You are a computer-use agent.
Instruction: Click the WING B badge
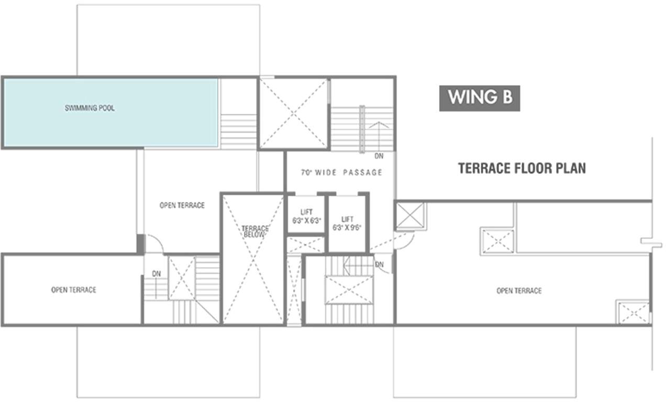pyautogui.click(x=480, y=98)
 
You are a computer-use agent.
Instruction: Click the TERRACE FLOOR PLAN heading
pyautogui.click(x=522, y=169)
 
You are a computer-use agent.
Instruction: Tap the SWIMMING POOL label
pyautogui.click(x=90, y=108)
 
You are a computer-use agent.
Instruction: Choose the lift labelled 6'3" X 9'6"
pyautogui.click(x=347, y=224)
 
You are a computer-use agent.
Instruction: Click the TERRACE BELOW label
pyautogui.click(x=255, y=231)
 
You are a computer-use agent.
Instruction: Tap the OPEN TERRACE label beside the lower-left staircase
pyautogui.click(x=73, y=289)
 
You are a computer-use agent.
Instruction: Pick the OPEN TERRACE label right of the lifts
pyautogui.click(x=519, y=291)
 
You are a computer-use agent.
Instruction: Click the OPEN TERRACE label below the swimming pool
pyautogui.click(x=182, y=205)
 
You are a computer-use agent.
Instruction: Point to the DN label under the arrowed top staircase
pyautogui.click(x=379, y=156)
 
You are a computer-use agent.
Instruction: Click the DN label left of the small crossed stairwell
pyautogui.click(x=157, y=274)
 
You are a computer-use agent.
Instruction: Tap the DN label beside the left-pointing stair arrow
pyautogui.click(x=379, y=264)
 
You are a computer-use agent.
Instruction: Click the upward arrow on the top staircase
pyautogui.click(x=379, y=137)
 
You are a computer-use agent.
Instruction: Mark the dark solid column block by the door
pyautogui.click(x=141, y=244)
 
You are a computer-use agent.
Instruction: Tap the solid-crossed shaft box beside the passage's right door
pyautogui.click(x=410, y=216)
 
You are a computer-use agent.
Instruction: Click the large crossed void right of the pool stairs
pyautogui.click(x=293, y=113)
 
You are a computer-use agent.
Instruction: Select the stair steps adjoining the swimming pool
pyautogui.click(x=238, y=132)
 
